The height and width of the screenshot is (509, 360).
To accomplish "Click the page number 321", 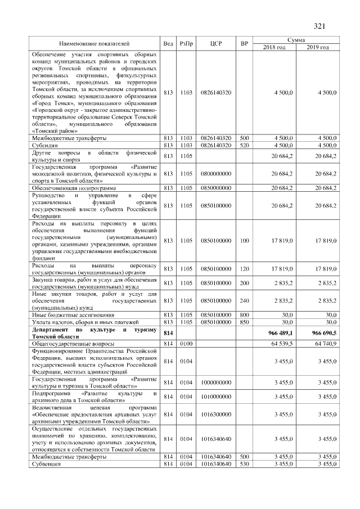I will (x=319, y=26).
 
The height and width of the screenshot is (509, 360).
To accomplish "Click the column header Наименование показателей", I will (x=94, y=43).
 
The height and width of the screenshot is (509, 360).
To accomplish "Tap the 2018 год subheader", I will (x=274, y=47).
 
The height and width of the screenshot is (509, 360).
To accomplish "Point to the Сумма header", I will (x=296, y=40).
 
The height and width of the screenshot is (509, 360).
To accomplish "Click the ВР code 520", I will (x=244, y=145).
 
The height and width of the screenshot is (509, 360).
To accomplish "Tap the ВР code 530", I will (x=244, y=464).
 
